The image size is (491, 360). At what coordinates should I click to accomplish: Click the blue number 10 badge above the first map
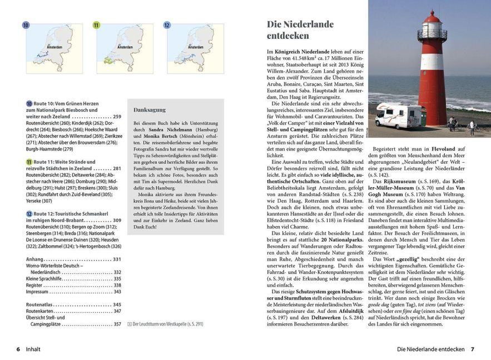coord(26,25)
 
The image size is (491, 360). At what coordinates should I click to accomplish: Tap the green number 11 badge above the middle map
coord(96,25)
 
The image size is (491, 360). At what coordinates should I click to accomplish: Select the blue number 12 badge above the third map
coord(167,25)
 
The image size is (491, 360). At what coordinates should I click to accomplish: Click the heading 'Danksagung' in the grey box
coord(150,110)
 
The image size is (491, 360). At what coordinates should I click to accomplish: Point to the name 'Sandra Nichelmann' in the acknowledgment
coord(166,129)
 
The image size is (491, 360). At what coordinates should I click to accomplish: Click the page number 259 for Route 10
coord(116,117)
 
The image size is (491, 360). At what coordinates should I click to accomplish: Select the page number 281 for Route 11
coord(116,168)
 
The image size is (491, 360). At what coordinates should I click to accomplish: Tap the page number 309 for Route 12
coord(116,221)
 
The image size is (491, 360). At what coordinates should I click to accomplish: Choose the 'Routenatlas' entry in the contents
coord(40,304)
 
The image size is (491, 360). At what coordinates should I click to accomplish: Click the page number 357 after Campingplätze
coord(116,323)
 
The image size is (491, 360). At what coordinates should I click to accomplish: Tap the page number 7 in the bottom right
coord(472,349)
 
